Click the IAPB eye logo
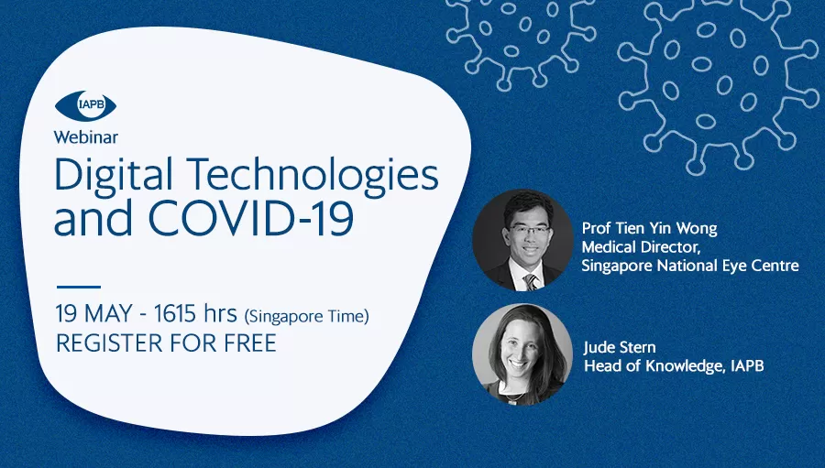click(86, 105)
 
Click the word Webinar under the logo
click(86, 137)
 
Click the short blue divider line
click(79, 287)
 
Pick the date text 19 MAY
click(93, 314)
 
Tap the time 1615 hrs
click(195, 314)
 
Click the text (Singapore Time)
click(307, 317)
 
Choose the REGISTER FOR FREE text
click(166, 343)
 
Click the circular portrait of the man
click(522, 240)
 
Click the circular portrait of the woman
click(522, 354)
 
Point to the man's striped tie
click(531, 281)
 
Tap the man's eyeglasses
click(528, 231)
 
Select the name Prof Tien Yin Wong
click(649, 229)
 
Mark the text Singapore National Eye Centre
click(690, 266)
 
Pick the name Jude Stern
click(620, 347)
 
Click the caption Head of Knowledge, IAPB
click(674, 366)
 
